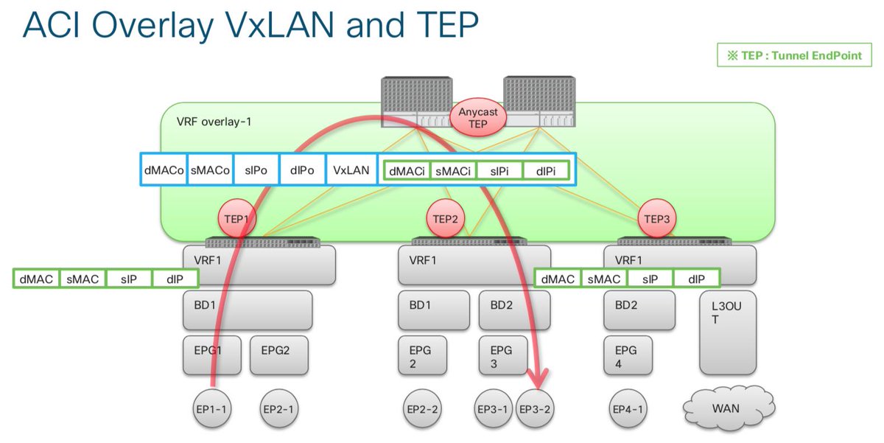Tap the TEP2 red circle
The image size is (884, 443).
click(x=446, y=219)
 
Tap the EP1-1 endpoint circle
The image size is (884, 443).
click(x=212, y=408)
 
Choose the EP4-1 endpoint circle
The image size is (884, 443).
click(x=630, y=408)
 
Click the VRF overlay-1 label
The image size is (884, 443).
click(x=214, y=122)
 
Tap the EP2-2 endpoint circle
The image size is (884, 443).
click(x=424, y=408)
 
